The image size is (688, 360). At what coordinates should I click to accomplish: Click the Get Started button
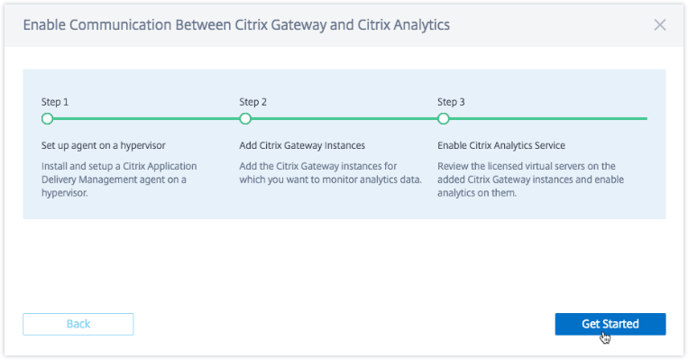click(610, 324)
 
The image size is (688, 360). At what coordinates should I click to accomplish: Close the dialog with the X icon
click(660, 25)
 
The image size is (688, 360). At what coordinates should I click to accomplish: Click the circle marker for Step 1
click(48, 118)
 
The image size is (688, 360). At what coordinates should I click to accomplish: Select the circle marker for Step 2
click(245, 118)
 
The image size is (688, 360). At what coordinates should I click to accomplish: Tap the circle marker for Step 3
click(444, 118)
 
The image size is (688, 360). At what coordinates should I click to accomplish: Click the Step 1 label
click(55, 102)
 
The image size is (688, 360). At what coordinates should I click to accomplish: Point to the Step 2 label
click(252, 102)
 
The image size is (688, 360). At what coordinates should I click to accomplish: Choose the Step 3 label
click(451, 102)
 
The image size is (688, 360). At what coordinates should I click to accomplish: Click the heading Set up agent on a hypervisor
click(104, 145)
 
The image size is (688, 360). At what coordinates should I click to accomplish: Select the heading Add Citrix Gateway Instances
click(302, 145)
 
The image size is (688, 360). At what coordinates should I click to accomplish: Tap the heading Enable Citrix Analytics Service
click(501, 145)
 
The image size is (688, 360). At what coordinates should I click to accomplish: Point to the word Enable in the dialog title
click(44, 25)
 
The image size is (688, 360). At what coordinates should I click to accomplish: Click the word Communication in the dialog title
click(120, 25)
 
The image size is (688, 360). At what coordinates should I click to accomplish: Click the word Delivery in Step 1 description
click(59, 180)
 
